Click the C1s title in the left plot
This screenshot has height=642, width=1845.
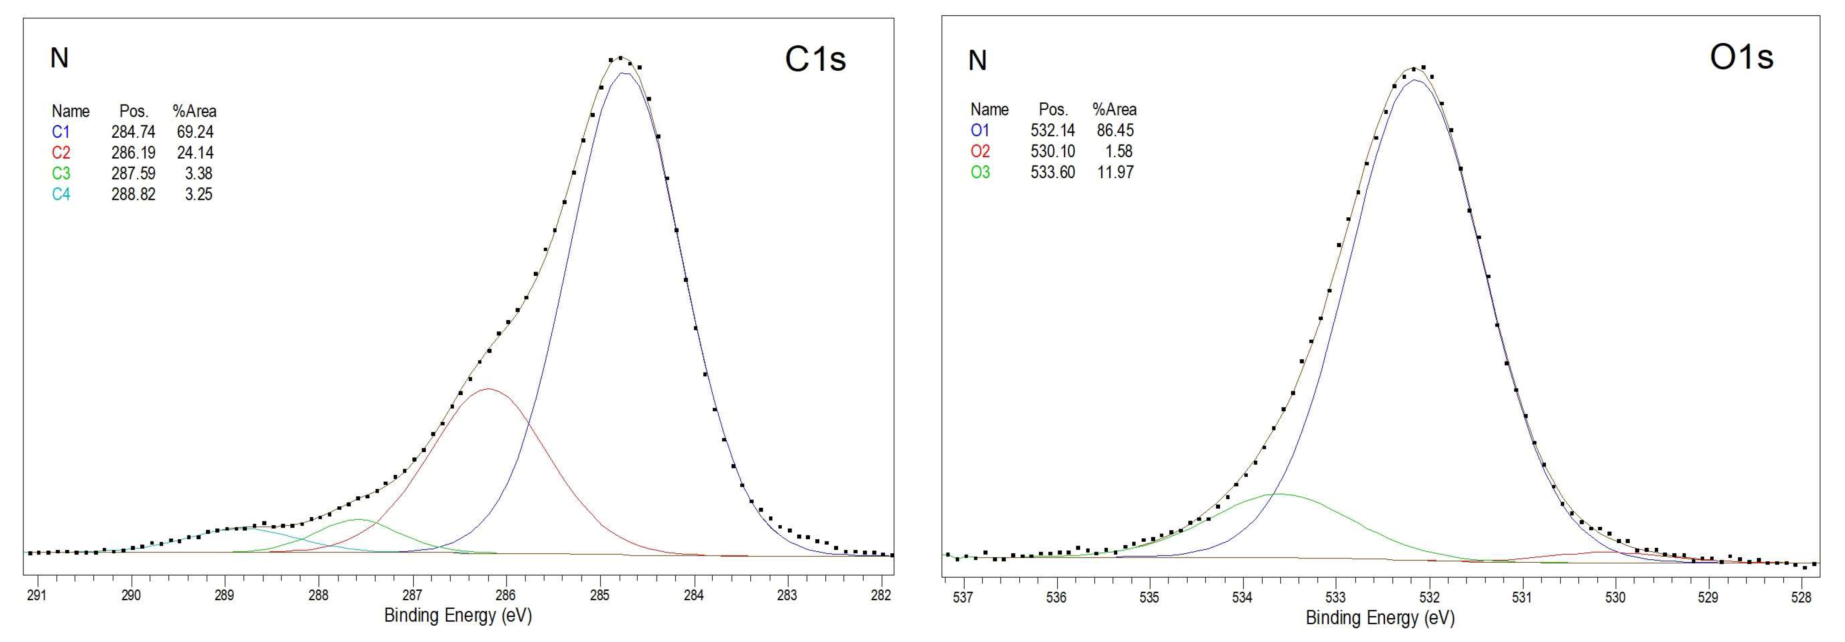click(x=815, y=59)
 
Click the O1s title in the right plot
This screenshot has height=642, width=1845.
click(x=1741, y=57)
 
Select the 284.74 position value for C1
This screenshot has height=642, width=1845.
click(x=133, y=132)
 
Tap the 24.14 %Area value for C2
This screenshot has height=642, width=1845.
click(x=195, y=153)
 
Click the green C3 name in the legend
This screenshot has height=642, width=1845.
click(x=61, y=174)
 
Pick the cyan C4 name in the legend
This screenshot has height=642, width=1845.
click(x=61, y=194)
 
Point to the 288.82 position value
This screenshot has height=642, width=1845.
click(x=133, y=194)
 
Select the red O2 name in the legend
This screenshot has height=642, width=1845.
click(x=980, y=151)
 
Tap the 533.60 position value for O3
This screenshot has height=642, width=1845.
click(x=1053, y=172)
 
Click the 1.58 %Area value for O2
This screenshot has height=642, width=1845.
click(x=1119, y=151)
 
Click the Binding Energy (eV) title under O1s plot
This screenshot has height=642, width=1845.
click(x=1379, y=618)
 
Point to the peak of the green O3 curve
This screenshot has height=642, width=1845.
click(x=1278, y=494)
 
